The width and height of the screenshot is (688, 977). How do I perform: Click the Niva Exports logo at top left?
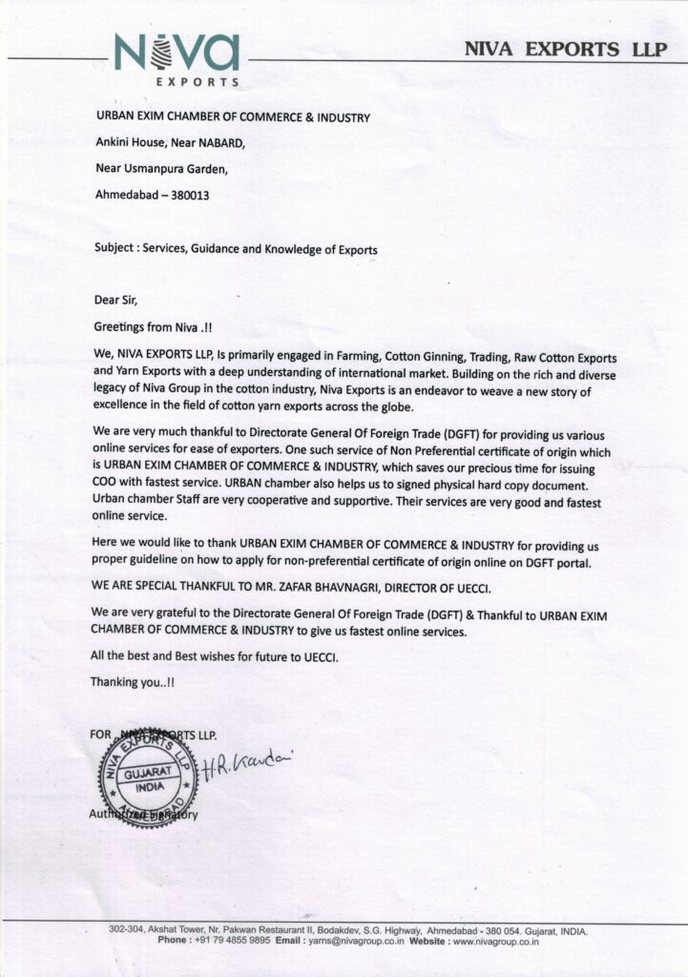[x=177, y=57]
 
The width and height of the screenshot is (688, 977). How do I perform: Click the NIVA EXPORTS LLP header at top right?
[x=566, y=51]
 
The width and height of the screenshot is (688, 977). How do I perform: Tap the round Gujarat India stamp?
[x=148, y=777]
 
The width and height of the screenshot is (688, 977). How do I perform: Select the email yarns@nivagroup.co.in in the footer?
[x=354, y=940]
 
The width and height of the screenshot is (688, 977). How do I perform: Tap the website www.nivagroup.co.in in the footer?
[x=496, y=940]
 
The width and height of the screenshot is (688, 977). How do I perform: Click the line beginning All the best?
[x=213, y=657]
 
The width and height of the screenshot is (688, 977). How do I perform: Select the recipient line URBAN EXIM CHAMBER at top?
[x=231, y=117]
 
